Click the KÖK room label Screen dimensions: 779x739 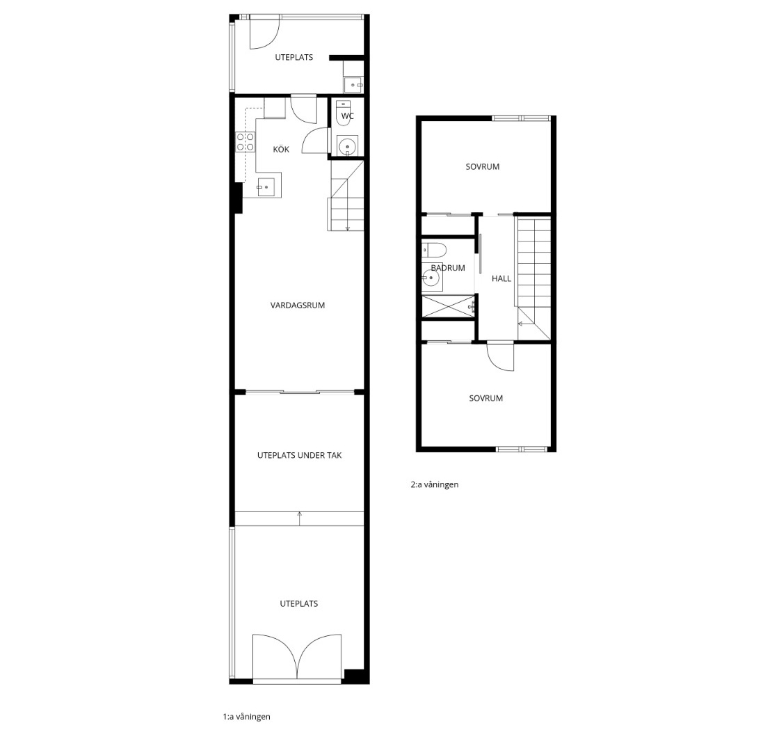tap(281, 149)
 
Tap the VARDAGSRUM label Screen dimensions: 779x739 tap(298, 305)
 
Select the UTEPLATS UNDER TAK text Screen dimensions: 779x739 tap(299, 455)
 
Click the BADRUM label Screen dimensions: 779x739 tap(448, 268)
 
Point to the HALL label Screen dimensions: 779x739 tap(501, 279)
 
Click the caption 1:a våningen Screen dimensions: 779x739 tap(246, 717)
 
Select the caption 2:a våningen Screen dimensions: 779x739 tap(434, 484)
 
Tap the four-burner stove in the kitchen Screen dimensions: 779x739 tap(246, 142)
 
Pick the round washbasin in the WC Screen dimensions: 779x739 tap(347, 147)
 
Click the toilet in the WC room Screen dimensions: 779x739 tap(344, 113)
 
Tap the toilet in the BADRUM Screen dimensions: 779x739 tap(434, 250)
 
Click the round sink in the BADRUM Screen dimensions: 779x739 tap(431, 279)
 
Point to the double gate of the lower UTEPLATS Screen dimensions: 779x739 tap(297, 656)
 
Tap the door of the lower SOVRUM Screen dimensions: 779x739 tap(500, 356)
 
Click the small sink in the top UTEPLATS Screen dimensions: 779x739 tap(353, 85)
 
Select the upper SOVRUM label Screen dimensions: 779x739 tap(483, 167)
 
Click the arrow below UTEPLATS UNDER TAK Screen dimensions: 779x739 tap(299, 518)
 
